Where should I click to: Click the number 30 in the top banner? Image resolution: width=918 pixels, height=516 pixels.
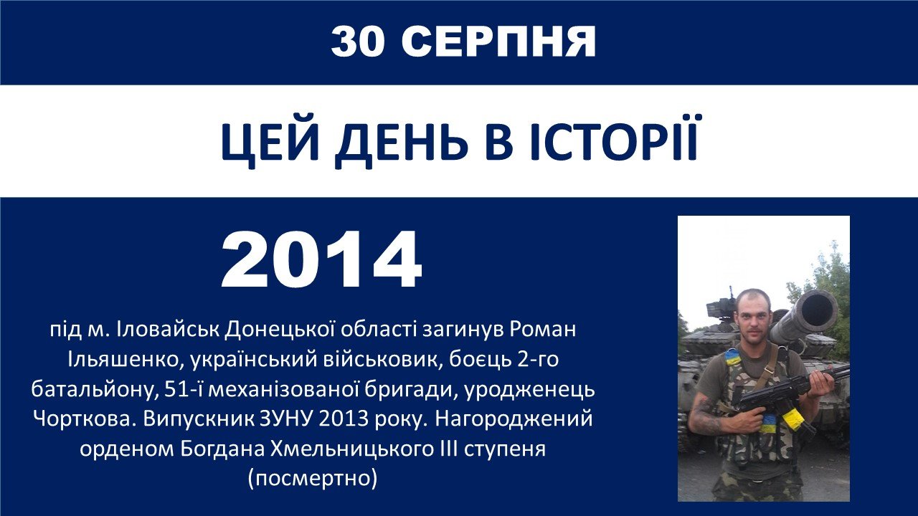[358, 42]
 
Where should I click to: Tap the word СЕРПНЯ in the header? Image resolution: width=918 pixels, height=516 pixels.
[498, 42]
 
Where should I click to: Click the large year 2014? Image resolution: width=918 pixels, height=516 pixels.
[322, 259]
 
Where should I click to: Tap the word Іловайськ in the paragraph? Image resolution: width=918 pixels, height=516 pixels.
[168, 329]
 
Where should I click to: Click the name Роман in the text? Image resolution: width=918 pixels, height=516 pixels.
[543, 330]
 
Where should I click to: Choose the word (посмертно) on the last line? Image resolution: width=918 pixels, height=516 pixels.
[312, 479]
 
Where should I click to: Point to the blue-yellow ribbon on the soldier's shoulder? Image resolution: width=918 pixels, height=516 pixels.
[732, 357]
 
